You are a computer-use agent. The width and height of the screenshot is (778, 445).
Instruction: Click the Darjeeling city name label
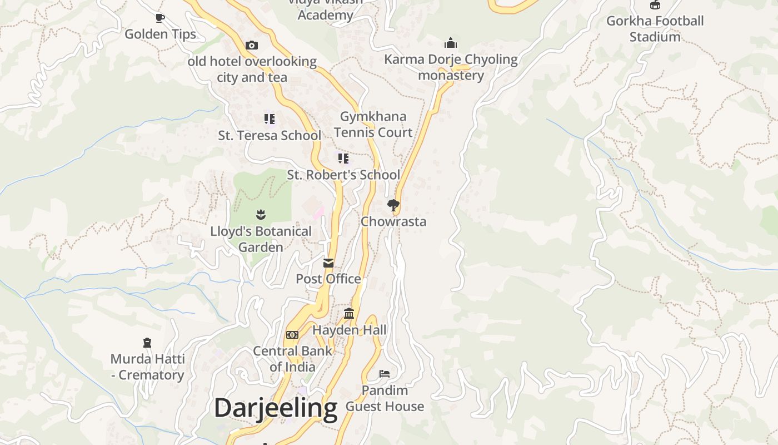pos(276,408)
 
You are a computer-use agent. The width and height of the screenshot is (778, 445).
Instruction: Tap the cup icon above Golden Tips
pos(160,18)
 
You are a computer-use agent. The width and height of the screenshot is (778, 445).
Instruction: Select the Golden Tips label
pos(160,34)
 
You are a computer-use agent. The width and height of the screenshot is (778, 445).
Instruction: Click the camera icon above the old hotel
pos(252,45)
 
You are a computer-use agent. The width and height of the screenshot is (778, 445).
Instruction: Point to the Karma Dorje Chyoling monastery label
pos(451,67)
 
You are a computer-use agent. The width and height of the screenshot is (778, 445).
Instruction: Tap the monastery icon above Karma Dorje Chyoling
pos(451,43)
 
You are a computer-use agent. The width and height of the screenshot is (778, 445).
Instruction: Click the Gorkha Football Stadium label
pos(655,29)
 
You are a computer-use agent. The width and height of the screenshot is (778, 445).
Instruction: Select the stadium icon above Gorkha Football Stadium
pos(655,5)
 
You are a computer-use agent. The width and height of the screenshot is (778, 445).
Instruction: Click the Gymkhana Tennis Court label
pos(373,124)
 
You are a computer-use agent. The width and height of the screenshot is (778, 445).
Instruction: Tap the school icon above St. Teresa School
pos(270,118)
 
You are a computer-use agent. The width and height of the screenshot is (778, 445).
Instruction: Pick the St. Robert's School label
pos(343,175)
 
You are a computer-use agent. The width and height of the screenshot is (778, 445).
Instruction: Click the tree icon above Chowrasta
pos(393,205)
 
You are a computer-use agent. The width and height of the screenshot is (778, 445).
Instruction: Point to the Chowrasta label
pos(393,221)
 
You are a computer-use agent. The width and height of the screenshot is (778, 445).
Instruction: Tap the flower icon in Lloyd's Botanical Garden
pos(261,214)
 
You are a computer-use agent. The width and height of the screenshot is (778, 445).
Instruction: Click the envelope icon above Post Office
pos(328,263)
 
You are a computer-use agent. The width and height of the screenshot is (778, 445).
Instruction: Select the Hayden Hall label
pos(349,330)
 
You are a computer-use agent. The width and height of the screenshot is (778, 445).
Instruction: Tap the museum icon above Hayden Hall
pos(349,314)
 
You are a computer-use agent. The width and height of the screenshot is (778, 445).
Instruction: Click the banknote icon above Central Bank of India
pos(292,335)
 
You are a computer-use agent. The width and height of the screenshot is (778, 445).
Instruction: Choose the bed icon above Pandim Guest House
pos(385,374)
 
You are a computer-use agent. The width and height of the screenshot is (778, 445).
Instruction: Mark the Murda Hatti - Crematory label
pos(147,367)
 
